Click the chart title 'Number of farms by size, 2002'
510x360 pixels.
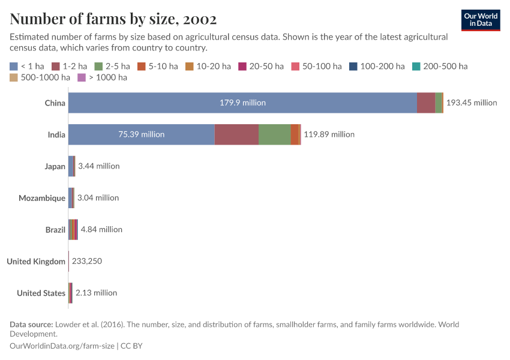coord(113,19)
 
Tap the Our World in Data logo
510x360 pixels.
coord(480,20)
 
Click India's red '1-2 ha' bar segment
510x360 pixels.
coord(236,134)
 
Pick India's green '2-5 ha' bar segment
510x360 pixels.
coord(274,134)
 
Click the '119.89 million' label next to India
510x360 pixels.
coord(329,134)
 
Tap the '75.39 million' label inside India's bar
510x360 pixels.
coord(142,134)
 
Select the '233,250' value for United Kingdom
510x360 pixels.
coord(90,262)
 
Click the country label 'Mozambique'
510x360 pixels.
coord(42,198)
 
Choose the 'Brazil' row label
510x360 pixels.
coord(55,230)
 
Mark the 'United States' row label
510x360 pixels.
coord(41,293)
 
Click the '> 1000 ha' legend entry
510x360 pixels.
coord(103,77)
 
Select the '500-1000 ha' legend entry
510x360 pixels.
coord(40,77)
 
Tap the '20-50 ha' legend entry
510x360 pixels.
coord(261,66)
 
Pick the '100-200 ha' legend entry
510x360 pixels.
coord(377,66)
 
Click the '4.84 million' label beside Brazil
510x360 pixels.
coord(101,230)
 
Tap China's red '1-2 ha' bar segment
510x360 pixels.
coord(426,103)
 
